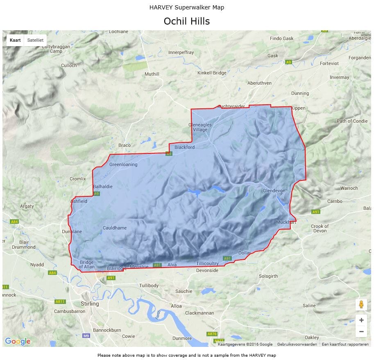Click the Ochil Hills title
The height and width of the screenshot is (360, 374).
click(x=187, y=21)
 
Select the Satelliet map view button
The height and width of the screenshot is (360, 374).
click(x=35, y=40)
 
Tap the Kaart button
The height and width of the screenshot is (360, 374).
click(x=15, y=40)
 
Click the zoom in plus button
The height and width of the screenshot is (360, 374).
click(x=361, y=320)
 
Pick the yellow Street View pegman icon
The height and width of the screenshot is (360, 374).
click(x=361, y=305)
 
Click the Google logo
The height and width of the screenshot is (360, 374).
click(x=18, y=341)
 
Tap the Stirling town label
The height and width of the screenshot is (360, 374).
click(x=90, y=304)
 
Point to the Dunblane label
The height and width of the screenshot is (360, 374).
click(x=72, y=232)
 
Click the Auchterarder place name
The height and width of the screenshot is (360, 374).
click(x=231, y=106)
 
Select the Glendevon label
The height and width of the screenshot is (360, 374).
click(x=274, y=191)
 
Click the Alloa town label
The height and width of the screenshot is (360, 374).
click(x=176, y=306)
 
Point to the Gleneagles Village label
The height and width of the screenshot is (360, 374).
click(x=200, y=127)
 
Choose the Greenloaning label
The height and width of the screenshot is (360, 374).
click(x=123, y=164)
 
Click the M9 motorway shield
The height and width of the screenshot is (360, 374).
click(x=86, y=336)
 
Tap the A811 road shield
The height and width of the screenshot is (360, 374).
click(x=60, y=301)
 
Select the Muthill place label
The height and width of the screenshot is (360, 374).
click(x=152, y=74)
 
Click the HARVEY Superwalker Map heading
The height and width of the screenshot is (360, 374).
click(x=187, y=7)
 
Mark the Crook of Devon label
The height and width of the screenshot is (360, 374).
click(x=320, y=228)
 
